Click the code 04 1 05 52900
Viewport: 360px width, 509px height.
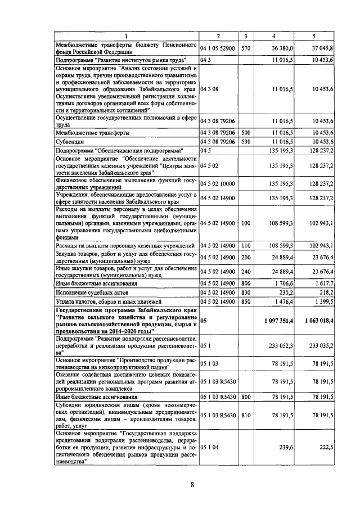coord(218,49)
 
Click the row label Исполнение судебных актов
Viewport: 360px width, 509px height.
coord(87,293)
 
